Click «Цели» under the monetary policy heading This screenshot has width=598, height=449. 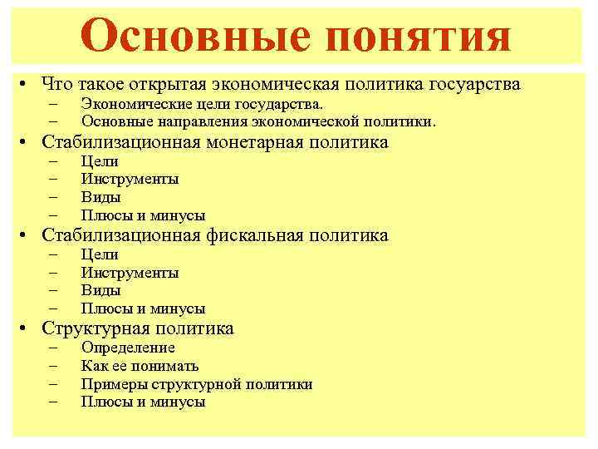[100, 161]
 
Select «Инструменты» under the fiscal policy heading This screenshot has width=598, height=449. [130, 273]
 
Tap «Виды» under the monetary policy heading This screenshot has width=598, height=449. [100, 198]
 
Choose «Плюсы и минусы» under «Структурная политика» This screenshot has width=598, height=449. [143, 402]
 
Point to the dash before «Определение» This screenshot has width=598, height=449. [55, 348]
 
